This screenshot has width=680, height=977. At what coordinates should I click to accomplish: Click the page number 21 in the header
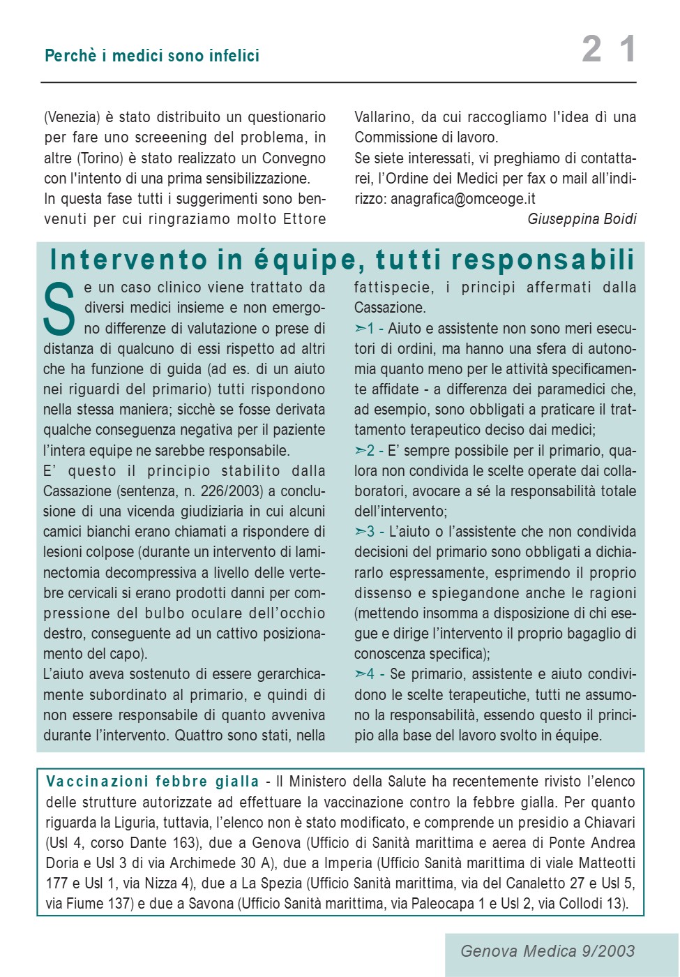tap(608, 50)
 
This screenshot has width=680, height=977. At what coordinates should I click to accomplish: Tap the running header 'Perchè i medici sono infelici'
tap(152, 56)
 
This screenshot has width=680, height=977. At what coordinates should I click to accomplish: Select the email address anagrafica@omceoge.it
tap(462, 199)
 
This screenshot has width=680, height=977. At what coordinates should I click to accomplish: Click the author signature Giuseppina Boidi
tap(582, 219)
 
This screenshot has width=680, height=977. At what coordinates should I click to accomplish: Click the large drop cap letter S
tap(59, 309)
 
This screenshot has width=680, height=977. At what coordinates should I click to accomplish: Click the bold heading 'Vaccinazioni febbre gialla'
tap(152, 782)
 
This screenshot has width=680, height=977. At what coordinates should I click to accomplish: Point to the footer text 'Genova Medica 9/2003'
tap(547, 951)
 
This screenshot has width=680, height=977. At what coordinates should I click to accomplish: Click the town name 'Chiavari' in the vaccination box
tap(609, 823)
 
